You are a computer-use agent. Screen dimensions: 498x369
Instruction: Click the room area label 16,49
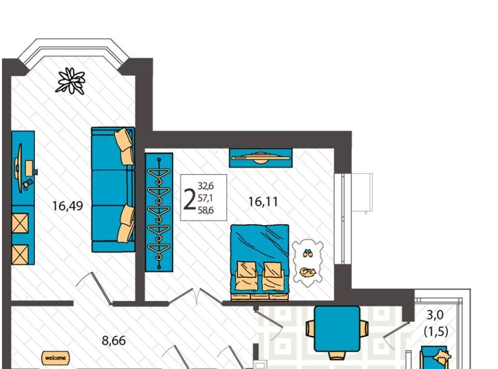67,206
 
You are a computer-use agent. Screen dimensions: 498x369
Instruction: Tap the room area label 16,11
263,202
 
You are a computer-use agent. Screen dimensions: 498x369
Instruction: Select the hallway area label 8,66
114,341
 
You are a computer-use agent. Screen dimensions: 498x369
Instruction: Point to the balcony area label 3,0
435,315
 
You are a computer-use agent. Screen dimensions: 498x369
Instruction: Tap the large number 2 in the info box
189,200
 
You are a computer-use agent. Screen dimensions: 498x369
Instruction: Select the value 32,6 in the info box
206,186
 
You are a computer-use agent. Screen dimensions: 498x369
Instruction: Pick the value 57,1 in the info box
205,198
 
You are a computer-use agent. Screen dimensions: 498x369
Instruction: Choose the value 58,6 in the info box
206,210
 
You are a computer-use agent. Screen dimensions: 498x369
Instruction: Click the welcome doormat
56,358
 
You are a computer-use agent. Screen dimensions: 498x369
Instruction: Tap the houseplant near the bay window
71,81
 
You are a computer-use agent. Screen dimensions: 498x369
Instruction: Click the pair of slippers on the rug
307,254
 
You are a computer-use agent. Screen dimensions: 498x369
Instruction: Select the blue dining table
337,328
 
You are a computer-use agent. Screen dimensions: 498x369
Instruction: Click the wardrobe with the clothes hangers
159,212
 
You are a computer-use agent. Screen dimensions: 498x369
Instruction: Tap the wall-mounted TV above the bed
260,158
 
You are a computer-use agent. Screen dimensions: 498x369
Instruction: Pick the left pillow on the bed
246,275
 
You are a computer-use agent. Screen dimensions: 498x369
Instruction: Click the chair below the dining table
337,355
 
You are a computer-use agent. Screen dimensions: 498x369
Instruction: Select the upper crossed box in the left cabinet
20,223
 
